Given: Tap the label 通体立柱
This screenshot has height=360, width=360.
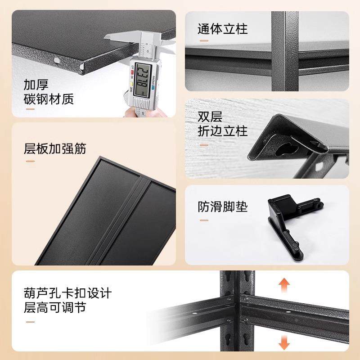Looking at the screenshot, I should tap(223, 30).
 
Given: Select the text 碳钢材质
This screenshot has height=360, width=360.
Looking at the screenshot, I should tap(49, 99).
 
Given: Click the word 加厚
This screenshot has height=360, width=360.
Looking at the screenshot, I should tap(36, 84).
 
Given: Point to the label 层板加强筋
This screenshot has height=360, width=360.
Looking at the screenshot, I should tap(55, 148).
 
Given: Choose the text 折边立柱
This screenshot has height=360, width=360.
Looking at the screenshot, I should tap(223, 131).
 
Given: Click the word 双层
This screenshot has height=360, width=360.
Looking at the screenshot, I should tap(210, 117).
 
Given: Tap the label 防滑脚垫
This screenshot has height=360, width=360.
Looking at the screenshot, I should tap(223, 207).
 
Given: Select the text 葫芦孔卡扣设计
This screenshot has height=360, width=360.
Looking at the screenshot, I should tap(67, 294).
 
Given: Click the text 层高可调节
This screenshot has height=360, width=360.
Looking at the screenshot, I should tap(55, 309).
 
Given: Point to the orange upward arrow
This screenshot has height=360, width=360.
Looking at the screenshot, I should tap(283, 286).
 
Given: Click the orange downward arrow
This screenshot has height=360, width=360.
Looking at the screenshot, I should tap(283, 343).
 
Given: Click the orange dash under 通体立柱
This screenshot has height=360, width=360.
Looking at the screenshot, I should tap(204, 41).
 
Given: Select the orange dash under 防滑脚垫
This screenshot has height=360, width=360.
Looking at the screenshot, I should tap(204, 220).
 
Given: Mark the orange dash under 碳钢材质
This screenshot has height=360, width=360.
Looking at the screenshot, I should tap(30, 109).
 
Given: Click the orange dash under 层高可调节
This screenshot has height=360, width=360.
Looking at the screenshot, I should tap(30, 322).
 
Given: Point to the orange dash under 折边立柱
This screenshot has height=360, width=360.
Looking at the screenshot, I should tap(204, 145).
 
